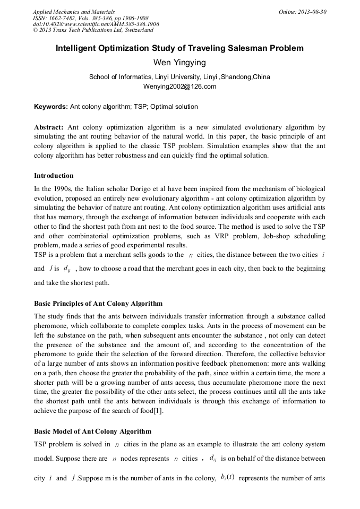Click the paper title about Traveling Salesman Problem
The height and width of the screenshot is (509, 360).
click(179, 49)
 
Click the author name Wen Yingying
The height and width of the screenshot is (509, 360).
click(179, 63)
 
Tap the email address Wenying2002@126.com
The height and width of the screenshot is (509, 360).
click(179, 86)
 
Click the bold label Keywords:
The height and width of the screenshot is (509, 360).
click(51, 107)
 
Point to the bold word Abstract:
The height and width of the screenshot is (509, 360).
click(49, 127)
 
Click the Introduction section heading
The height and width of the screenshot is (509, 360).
click(54, 176)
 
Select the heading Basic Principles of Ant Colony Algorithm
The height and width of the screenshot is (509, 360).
click(98, 304)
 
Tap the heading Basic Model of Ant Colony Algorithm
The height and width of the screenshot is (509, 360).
click(92, 431)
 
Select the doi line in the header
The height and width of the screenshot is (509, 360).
click(96, 24)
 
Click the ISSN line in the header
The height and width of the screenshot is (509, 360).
click(90, 18)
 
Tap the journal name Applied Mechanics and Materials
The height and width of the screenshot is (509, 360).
click(74, 12)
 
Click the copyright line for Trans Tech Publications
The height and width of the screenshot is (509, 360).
click(93, 31)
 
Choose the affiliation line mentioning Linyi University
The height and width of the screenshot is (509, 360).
click(179, 77)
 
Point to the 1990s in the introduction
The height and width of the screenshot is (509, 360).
click(62, 189)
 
